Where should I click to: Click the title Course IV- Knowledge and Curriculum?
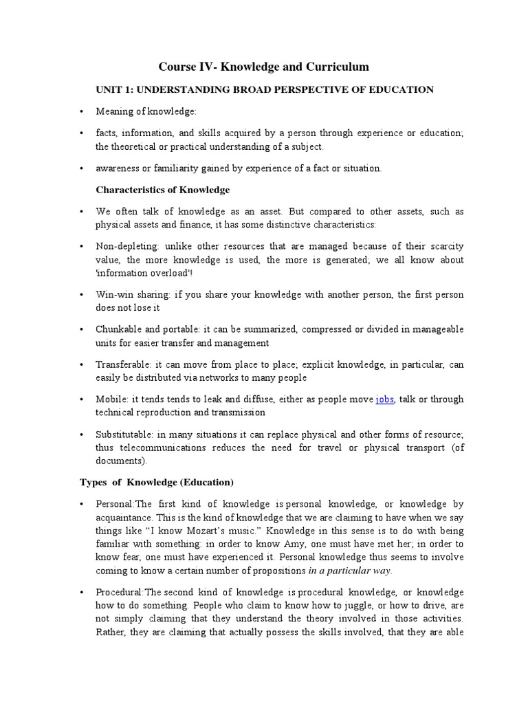point(264,67)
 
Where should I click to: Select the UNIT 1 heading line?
point(264,89)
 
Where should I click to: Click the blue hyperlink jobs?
point(384,399)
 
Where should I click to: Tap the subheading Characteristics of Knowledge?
point(162,189)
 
